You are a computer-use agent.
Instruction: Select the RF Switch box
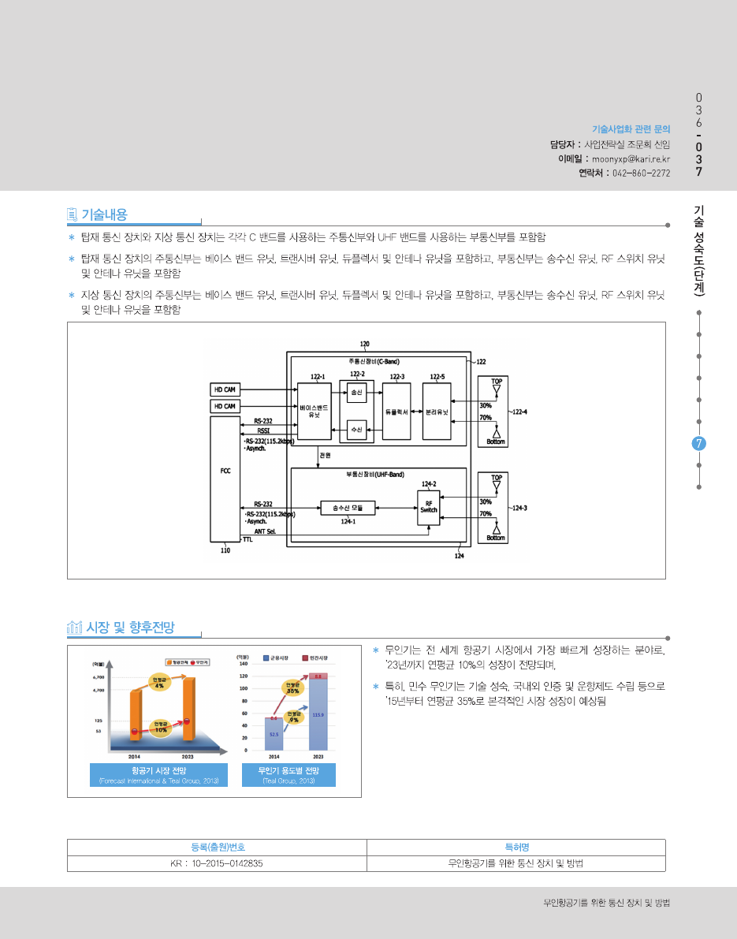click(429, 507)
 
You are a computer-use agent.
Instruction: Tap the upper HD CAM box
click(225, 389)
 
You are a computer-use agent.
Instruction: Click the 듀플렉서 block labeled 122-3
click(396, 411)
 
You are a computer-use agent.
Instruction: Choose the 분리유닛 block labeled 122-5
click(437, 411)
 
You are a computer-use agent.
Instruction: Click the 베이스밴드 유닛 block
click(314, 411)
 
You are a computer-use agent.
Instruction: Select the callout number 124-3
click(519, 508)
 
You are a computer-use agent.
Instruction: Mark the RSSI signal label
click(262, 431)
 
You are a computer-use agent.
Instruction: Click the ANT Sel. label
click(264, 531)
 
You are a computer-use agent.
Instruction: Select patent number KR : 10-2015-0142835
click(217, 863)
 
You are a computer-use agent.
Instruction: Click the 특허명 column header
click(516, 847)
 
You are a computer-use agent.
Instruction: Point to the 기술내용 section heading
click(104, 214)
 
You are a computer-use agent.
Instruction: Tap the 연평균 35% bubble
click(292, 687)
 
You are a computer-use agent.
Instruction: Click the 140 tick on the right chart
click(244, 664)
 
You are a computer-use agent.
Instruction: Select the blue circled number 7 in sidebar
click(698, 443)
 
